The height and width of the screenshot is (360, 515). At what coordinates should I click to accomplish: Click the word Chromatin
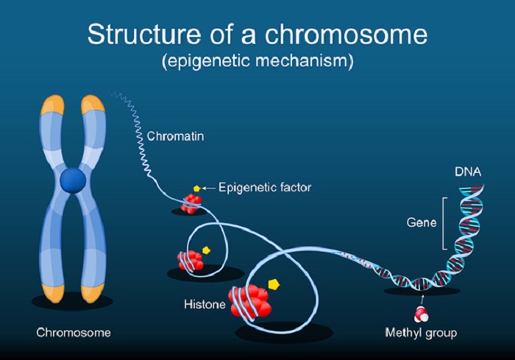pos(175,136)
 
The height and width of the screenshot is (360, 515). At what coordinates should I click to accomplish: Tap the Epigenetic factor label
pos(265,188)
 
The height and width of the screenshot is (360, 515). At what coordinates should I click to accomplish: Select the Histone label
pos(205,304)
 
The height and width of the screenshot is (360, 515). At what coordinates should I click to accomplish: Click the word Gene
pos(422,222)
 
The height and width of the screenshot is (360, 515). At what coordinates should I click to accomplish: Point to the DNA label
pos(468,172)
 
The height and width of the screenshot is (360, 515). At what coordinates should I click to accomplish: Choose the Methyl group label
pos(421,333)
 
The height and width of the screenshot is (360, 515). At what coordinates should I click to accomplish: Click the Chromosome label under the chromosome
pos(74,332)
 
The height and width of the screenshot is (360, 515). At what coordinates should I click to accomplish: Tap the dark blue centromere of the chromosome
pos(73,180)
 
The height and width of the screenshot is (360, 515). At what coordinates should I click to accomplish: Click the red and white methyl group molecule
pos(421,314)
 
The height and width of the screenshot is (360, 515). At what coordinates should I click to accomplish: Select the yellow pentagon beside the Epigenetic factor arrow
pos(196,188)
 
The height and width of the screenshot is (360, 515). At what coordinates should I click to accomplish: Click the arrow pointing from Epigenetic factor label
pos(208,188)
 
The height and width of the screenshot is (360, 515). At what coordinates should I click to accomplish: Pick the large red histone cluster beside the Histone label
pos(251,302)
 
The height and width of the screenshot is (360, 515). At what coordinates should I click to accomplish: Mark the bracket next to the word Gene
pos(444,224)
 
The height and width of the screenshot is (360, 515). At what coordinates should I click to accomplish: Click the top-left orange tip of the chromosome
pos(52,105)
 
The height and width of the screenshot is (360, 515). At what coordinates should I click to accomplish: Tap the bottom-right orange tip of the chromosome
pos(93,293)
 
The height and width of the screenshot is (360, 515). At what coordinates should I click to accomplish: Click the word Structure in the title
pos(144,34)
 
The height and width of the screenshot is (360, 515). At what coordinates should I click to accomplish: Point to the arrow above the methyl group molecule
pos(422,300)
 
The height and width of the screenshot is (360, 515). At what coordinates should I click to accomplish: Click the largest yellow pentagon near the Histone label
pos(274,284)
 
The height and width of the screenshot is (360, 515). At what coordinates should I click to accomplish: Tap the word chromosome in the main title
pos(347,34)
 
